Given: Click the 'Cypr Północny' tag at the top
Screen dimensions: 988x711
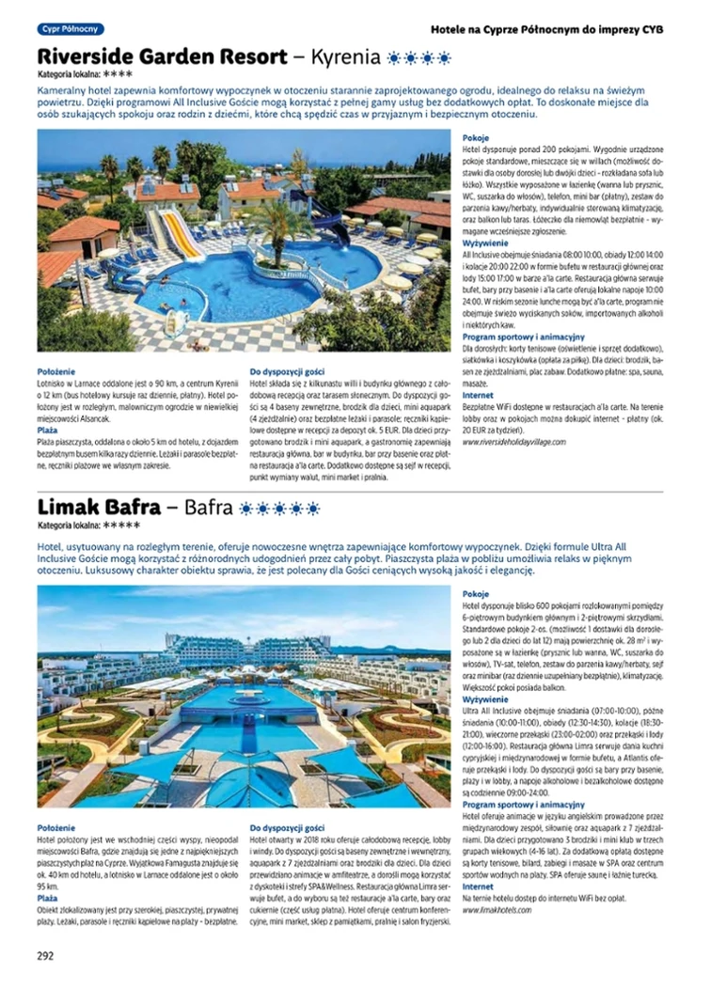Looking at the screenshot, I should [x=71, y=29].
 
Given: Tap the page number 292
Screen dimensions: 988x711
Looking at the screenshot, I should [x=45, y=957].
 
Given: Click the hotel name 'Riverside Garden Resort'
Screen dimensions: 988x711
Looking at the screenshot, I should [x=162, y=55].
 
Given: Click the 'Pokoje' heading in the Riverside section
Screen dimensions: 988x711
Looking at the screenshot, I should [x=476, y=138].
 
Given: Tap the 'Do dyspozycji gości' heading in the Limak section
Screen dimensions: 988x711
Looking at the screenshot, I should [x=288, y=827].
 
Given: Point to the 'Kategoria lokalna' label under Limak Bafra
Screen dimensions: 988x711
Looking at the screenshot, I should [x=69, y=526].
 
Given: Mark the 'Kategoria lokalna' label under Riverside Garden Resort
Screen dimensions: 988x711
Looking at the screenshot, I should [x=69, y=73].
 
